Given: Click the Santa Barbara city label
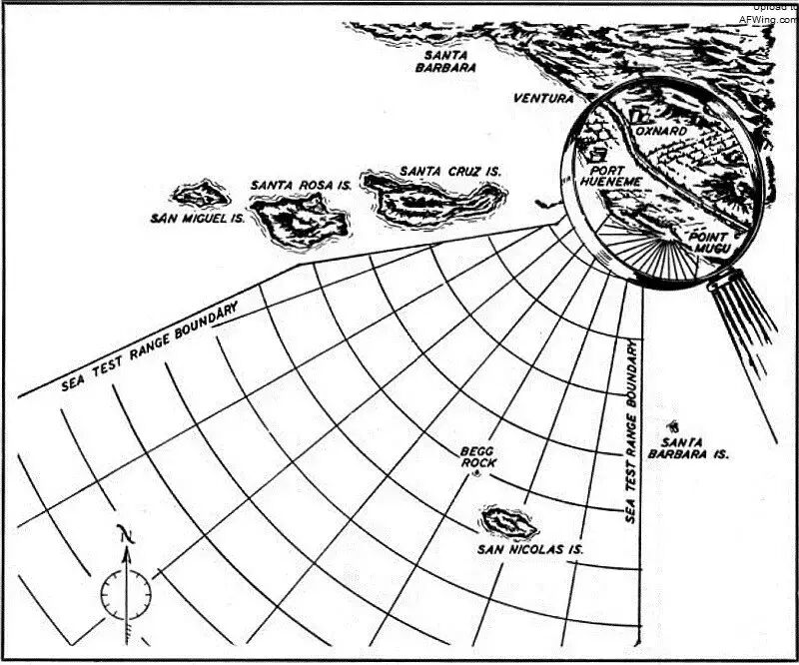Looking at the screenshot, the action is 445,61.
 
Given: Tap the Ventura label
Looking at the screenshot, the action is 543,99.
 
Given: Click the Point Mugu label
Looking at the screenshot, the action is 710,241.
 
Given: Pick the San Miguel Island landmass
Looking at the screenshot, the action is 202,194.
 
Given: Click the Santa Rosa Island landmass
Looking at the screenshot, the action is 298,218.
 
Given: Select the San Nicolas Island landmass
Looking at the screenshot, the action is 508,521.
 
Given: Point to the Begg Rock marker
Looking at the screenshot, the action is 477,477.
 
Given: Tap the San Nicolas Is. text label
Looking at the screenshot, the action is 529,549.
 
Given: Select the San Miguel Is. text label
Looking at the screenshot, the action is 194,218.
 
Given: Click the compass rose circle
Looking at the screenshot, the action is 126,596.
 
